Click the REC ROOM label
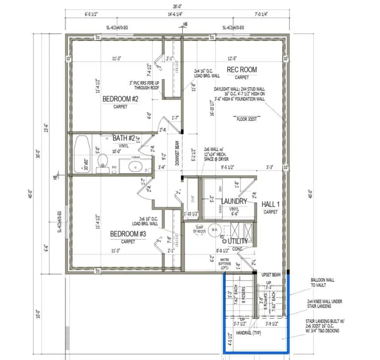pyautogui.click(x=242, y=70)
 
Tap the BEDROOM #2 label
pyautogui.click(x=120, y=99)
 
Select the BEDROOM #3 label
pyautogui.click(x=128, y=234)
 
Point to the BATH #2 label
pyautogui.click(x=124, y=138)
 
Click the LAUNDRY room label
pyautogui.click(x=234, y=201)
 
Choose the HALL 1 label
pyautogui.click(x=271, y=204)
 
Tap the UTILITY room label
pyautogui.click(x=238, y=241)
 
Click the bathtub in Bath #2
pyautogui.click(x=82, y=154)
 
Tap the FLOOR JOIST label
pyautogui.click(x=247, y=119)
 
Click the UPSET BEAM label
pyautogui.click(x=271, y=274)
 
